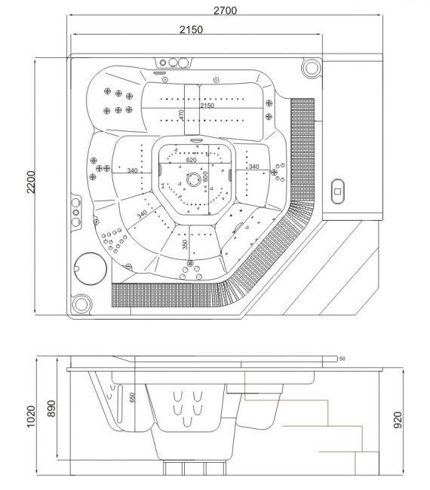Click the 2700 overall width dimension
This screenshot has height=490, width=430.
[x=225, y=11]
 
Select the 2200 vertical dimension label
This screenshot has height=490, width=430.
[x=31, y=182]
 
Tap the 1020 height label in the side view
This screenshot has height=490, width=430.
[x=31, y=417]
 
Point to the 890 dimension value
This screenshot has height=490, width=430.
[x=51, y=409]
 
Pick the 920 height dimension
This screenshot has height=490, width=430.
[x=397, y=420]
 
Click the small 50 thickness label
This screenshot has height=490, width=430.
[x=342, y=359]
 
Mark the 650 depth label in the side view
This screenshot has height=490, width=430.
[x=132, y=397]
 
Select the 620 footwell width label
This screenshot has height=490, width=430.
[x=191, y=160]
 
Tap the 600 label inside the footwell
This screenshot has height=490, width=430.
[x=205, y=176]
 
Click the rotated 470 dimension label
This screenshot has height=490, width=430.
[x=181, y=115]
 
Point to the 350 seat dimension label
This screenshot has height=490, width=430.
[x=185, y=244]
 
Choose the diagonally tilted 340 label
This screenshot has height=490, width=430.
[x=142, y=214]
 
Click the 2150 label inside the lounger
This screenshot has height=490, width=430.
[x=207, y=106]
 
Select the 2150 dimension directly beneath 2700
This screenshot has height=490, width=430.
[x=191, y=29]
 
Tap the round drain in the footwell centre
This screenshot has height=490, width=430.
[x=194, y=179]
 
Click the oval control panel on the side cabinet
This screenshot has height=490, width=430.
[x=337, y=191]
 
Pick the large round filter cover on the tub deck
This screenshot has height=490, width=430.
[x=91, y=269]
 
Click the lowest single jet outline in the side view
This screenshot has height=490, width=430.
[x=187, y=421]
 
